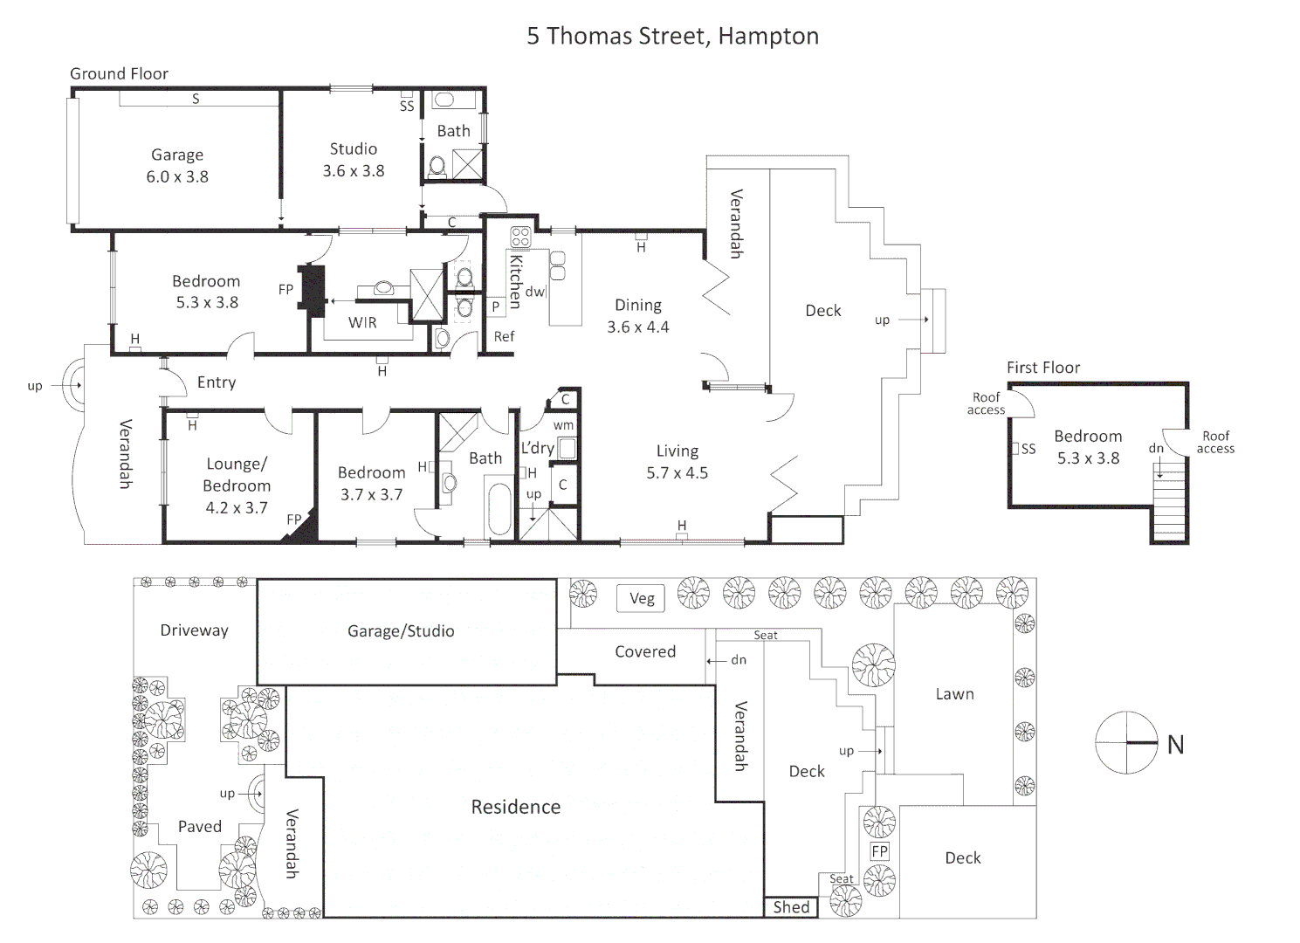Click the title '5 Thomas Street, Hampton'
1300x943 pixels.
tap(672, 37)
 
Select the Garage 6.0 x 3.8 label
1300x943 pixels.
tap(177, 166)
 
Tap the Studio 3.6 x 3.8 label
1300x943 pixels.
tap(354, 160)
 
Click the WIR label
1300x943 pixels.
tap(362, 323)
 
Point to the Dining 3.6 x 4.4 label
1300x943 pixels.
tap(638, 316)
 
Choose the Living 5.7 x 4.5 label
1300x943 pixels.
tap(678, 462)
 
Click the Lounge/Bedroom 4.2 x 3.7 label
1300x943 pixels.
tap(237, 485)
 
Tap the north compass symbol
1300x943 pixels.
tap(1127, 743)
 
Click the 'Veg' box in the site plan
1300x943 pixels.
tap(642, 598)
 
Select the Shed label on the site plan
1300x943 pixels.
tap(791, 907)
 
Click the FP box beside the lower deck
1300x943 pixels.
tap(879, 851)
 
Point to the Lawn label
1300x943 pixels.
tap(954, 694)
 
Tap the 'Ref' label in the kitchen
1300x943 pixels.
tap(504, 336)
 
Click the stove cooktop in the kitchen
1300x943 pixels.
tap(520, 237)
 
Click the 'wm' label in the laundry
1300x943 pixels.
tap(563, 425)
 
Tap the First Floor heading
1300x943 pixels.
tap(1043, 368)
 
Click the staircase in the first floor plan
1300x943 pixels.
tap(1170, 506)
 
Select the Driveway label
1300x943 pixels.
tap(194, 630)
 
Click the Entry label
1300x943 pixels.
tap(217, 382)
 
